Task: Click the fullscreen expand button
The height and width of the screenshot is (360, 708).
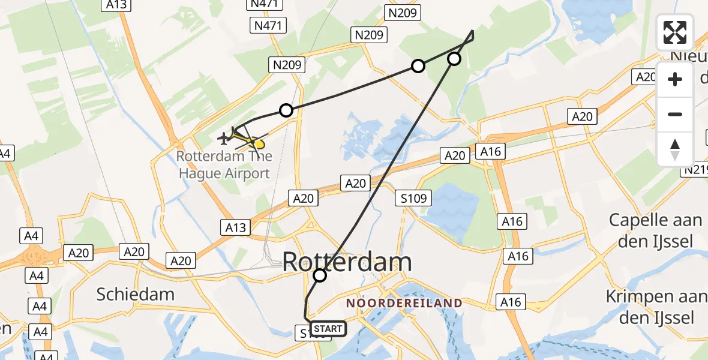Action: [x=675, y=32]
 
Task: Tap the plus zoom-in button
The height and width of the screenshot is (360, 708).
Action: [x=675, y=79]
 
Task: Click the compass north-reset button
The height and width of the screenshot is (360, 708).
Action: [x=675, y=149]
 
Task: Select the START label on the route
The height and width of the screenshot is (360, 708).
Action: [x=328, y=329]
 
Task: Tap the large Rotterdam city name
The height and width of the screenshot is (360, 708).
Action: [x=347, y=262]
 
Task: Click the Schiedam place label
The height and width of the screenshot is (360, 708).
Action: [x=136, y=294]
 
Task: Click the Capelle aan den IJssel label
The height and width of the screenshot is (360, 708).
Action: [x=655, y=230]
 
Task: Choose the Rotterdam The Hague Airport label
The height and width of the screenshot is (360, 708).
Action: [x=223, y=165]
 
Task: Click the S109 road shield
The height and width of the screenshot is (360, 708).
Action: [x=414, y=197]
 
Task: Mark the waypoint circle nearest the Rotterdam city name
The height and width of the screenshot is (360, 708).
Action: [x=320, y=275]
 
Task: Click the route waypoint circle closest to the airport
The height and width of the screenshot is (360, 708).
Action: [x=286, y=110]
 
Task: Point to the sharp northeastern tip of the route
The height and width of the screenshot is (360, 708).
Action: [x=473, y=31]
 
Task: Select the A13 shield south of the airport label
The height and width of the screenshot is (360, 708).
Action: [x=236, y=227]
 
